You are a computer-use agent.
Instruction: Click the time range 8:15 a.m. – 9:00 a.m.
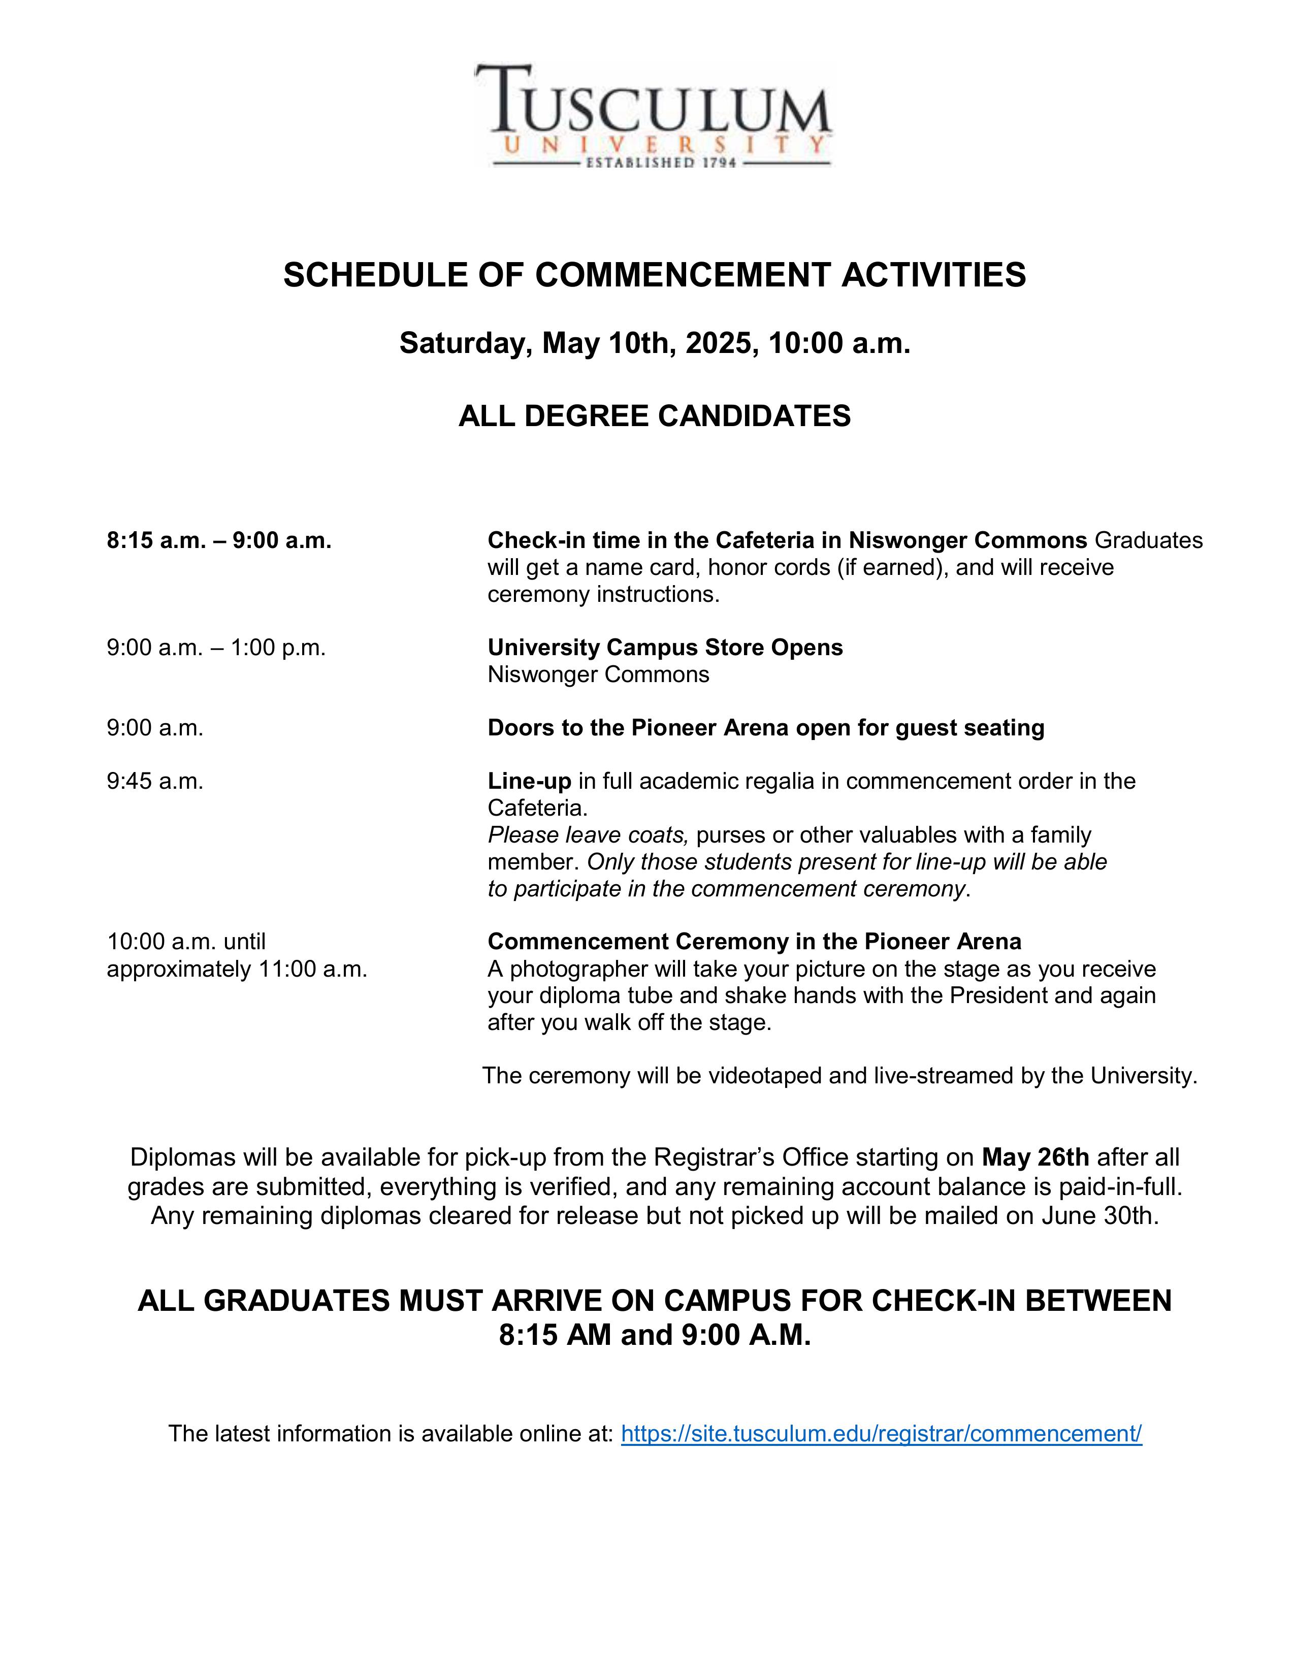[219, 541]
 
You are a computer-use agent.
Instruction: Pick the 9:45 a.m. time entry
[155, 781]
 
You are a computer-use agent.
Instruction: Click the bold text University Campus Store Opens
[664, 648]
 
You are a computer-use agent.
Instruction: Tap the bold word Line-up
[529, 781]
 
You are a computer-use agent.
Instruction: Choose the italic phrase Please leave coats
[588, 835]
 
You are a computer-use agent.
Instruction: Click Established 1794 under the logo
[661, 163]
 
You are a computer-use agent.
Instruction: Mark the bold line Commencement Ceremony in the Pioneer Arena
[754, 942]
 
